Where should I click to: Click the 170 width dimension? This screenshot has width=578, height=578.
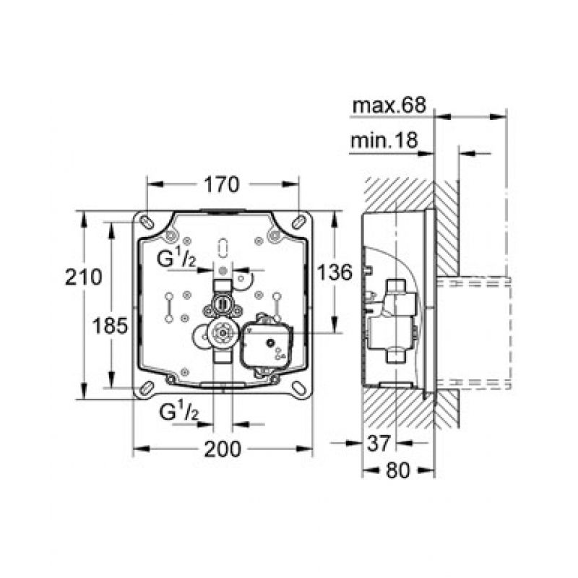[x=222, y=185]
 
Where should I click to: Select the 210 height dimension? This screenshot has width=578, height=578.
[x=83, y=277]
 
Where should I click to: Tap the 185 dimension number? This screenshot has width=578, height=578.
[x=110, y=326]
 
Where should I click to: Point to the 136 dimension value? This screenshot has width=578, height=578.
[x=335, y=273]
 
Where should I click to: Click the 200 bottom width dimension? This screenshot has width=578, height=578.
[x=223, y=449]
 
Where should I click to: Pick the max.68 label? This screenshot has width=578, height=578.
[x=389, y=105]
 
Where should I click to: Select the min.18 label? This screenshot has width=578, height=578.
[x=384, y=140]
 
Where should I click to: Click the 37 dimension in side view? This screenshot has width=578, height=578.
[x=379, y=443]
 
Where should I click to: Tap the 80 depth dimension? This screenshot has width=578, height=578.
[x=398, y=470]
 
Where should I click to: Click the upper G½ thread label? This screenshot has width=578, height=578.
[x=176, y=259]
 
